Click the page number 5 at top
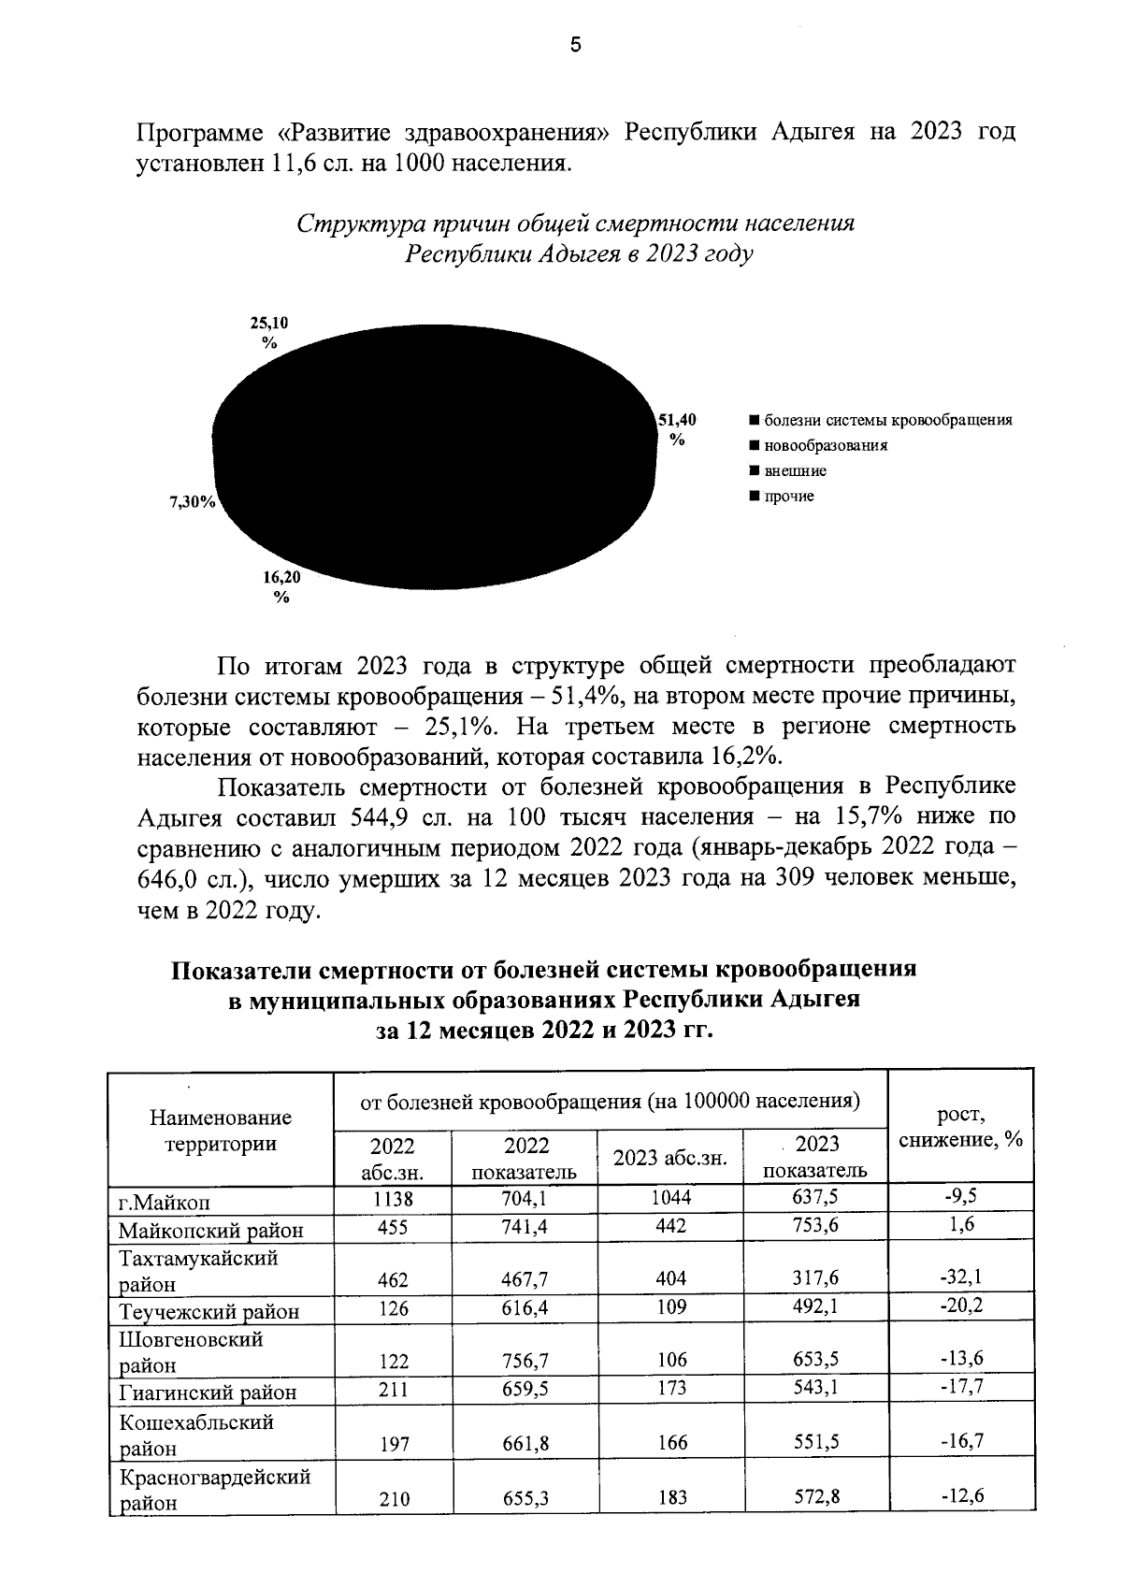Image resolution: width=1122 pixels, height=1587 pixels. [x=575, y=46]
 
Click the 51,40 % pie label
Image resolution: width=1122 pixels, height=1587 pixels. [x=676, y=430]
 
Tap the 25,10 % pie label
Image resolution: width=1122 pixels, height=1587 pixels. [x=269, y=332]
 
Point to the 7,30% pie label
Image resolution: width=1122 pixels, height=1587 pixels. [x=192, y=502]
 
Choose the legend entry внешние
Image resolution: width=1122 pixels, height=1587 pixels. [x=795, y=470]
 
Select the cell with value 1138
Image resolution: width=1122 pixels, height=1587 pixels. [x=392, y=1198]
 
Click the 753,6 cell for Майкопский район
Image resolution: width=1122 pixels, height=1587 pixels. [x=815, y=1226]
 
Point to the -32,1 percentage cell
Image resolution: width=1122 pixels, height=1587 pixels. [x=960, y=1277]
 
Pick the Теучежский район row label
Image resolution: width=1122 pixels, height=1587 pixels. [x=209, y=1311]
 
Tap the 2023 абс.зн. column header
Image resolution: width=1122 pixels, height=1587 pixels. [x=669, y=1158]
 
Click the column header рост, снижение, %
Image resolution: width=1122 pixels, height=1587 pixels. [x=960, y=1127]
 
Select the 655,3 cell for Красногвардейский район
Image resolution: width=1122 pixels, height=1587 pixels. [x=525, y=1498]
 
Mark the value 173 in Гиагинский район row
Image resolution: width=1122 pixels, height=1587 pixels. [x=670, y=1388]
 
